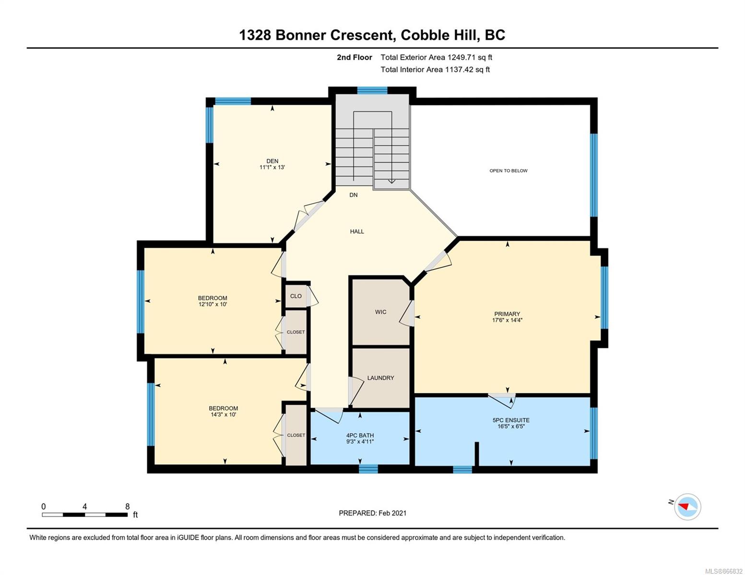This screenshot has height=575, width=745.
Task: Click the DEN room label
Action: [272, 161]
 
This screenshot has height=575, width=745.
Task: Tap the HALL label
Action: [357, 231]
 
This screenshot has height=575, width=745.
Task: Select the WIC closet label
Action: [380, 312]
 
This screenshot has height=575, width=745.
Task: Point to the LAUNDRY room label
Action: [380, 378]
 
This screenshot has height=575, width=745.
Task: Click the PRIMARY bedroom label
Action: [507, 314]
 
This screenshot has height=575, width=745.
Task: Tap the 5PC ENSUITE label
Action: [511, 420]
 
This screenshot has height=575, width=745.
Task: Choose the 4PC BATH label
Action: [360, 435]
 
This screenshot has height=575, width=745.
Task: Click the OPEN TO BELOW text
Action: [508, 171]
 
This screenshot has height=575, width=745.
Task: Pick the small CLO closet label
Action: [296, 296]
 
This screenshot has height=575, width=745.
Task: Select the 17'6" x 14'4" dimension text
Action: [507, 320]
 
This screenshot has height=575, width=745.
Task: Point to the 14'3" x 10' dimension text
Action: [223, 414]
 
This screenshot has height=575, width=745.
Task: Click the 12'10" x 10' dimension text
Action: [213, 304]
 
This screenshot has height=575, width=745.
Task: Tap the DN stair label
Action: [354, 195]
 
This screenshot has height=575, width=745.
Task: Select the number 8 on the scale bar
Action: [127, 506]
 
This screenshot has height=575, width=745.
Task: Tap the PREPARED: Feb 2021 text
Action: [372, 513]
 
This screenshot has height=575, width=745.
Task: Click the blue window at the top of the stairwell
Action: [372, 91]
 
